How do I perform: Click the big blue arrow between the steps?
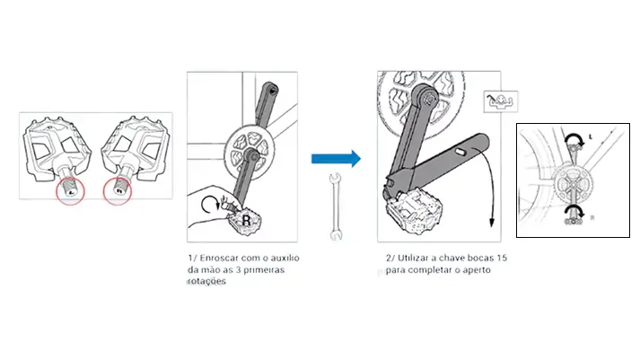336,158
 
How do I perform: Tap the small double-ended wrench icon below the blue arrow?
336,206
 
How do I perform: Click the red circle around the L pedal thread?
70,191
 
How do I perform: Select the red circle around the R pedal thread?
118,191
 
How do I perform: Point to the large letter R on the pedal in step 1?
247,221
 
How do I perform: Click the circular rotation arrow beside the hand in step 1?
210,204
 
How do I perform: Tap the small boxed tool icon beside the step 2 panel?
501,101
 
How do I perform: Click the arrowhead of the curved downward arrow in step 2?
492,223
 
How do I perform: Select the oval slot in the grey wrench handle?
460,153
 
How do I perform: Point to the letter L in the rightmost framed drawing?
591,137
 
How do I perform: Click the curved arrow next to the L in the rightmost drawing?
574,138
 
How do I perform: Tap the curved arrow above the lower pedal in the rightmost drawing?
574,209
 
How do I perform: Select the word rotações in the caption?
206,281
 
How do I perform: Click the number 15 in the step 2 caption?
502,258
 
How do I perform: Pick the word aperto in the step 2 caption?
477,270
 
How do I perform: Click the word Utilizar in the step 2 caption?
414,258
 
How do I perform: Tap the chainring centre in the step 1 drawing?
250,154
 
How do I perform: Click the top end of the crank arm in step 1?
270,89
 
